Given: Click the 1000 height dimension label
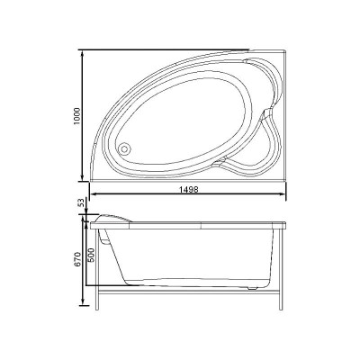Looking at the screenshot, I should pyautogui.click(x=78, y=115).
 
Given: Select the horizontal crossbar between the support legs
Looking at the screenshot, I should pyautogui.click(x=189, y=292).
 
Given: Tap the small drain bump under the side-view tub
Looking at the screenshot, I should pyautogui.click(x=252, y=286).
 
